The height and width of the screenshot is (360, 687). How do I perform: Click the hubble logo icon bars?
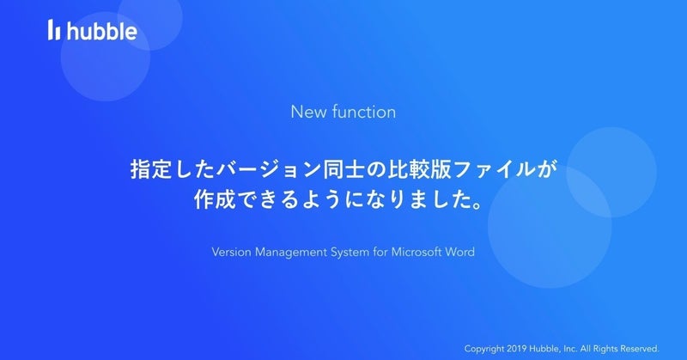[x=54, y=30]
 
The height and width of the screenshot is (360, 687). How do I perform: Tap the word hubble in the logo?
[x=101, y=30]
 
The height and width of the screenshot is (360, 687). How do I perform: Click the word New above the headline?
[x=308, y=112]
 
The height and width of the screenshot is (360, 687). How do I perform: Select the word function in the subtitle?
[x=363, y=112]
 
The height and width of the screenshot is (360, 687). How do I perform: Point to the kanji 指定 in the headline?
[x=151, y=169]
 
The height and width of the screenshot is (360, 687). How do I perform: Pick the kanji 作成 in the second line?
[x=215, y=199]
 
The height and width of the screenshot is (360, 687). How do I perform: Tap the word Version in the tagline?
[x=231, y=252]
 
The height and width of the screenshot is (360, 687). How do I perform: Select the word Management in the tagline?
[x=291, y=253]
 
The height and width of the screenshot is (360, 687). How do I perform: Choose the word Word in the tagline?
[x=460, y=252]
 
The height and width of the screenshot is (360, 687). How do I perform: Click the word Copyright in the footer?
[x=484, y=349]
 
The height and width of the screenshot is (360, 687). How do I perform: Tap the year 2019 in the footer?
[x=517, y=349]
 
